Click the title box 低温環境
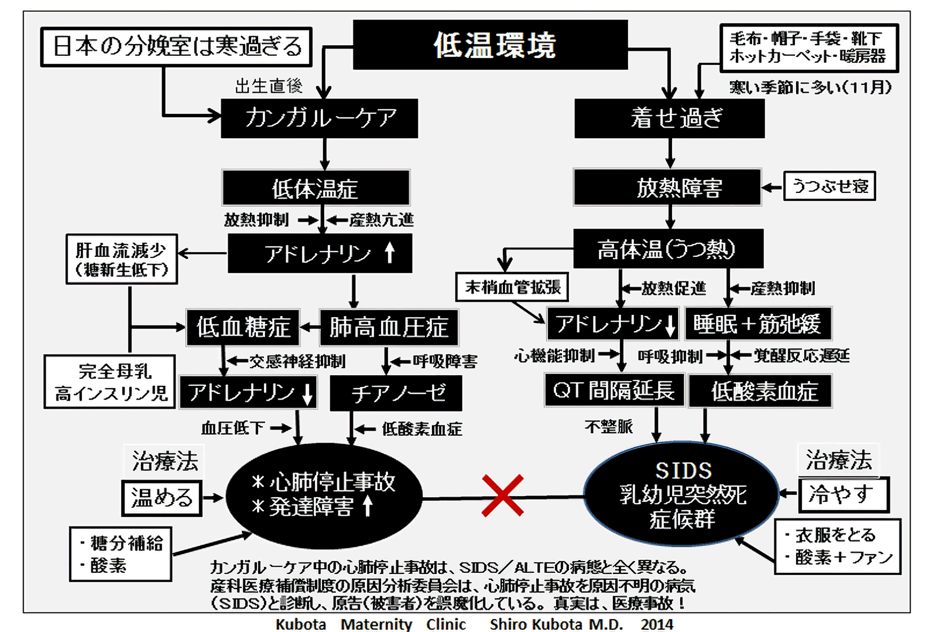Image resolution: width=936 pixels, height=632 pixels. tap(490, 45)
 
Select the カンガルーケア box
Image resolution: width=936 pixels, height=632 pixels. tap(319, 118)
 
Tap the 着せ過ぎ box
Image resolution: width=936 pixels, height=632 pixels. tap(669, 118)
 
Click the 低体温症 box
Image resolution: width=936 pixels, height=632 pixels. tap(316, 188)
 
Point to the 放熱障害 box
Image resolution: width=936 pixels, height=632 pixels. tap(667, 187)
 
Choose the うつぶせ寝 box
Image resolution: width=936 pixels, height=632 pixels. tap(829, 186)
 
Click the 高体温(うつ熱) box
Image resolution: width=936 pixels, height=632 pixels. tap(668, 249)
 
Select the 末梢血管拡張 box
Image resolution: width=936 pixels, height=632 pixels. tap(512, 287)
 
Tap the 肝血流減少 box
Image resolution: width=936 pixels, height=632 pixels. tap(122, 259)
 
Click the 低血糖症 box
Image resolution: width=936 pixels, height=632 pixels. tap(242, 327)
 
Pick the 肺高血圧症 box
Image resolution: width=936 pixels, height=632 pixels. tap(388, 327)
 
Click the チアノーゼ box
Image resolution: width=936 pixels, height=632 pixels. tap(396, 393)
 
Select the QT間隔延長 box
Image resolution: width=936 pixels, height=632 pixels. tap(614, 390)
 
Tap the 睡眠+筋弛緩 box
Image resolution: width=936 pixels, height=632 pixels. tap(758, 324)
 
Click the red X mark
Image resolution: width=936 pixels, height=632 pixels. tap(502, 496)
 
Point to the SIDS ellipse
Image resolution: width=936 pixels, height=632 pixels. tap(682, 494)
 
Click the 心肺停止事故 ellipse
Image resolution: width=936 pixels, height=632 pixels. tap(324, 495)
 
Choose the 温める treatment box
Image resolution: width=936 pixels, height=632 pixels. tap(162, 498)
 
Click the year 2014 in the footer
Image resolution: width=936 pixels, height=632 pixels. tap(656, 624)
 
